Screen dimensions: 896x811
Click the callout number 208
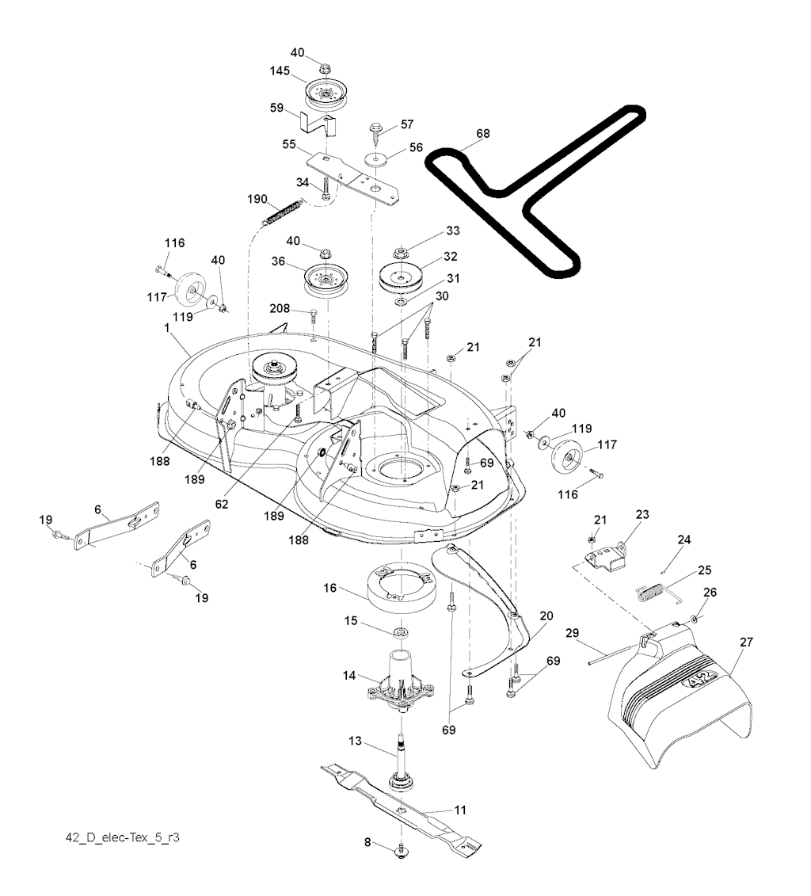click(x=279, y=308)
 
